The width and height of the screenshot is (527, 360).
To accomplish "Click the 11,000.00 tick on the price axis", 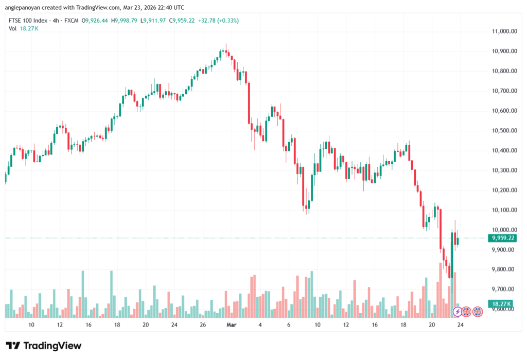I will pyautogui.click(x=504, y=31).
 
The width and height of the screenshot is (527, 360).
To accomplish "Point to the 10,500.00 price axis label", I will pyautogui.click(x=504, y=131).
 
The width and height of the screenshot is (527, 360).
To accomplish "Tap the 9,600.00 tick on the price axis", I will pyautogui.click(x=504, y=309).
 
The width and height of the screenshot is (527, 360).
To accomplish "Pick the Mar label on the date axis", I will pyautogui.click(x=231, y=325).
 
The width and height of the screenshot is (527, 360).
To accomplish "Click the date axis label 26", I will pyautogui.click(x=203, y=325).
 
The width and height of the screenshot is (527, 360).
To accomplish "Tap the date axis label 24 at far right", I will pyautogui.click(x=461, y=325).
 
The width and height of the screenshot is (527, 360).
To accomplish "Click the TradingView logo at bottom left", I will pyautogui.click(x=43, y=346).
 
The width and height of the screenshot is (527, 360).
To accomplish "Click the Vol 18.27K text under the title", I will pyautogui.click(x=24, y=29).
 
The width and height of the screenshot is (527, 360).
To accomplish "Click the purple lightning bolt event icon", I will pyautogui.click(x=456, y=312).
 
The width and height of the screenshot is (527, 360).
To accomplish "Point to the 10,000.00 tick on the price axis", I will pyautogui.click(x=504, y=230).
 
